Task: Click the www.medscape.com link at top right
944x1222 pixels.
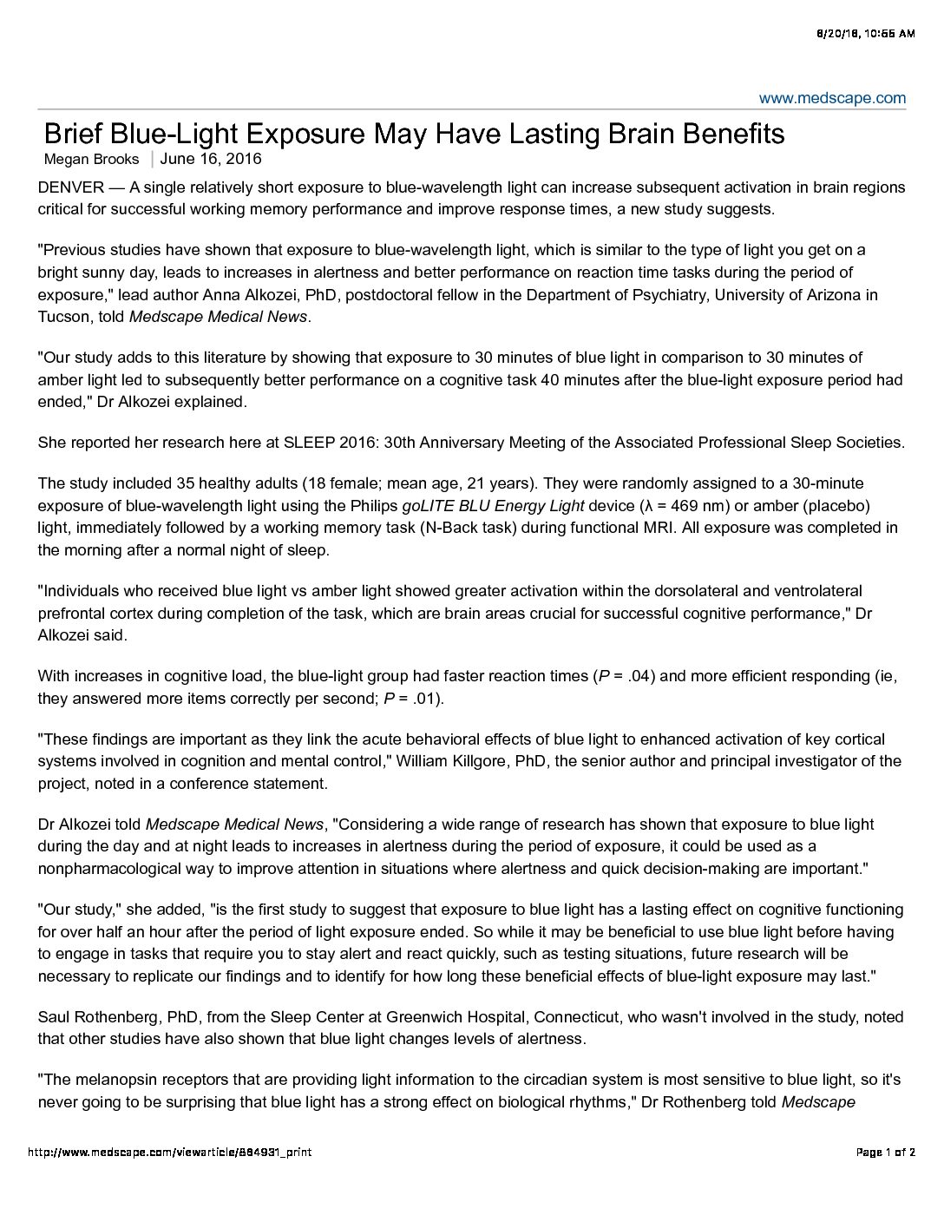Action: pyautogui.click(x=832, y=98)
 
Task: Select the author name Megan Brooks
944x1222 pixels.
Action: pyautogui.click(x=91, y=159)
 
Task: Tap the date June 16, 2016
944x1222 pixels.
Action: pyautogui.click(x=211, y=159)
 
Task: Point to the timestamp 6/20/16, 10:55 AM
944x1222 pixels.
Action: pyautogui.click(x=865, y=34)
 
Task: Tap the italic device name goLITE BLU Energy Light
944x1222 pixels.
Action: pyautogui.click(x=493, y=506)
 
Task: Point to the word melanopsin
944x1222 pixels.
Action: pyautogui.click(x=117, y=1081)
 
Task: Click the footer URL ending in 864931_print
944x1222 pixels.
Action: pyautogui.click(x=169, y=1153)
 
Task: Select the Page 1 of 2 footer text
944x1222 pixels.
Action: pyautogui.click(x=885, y=1153)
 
